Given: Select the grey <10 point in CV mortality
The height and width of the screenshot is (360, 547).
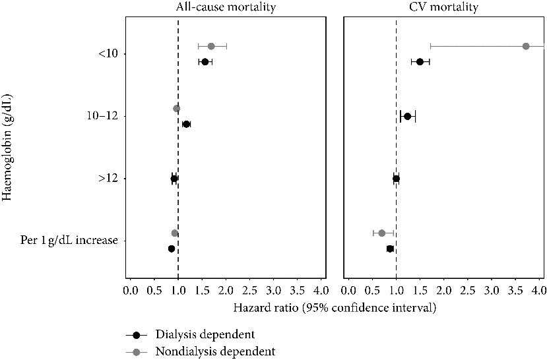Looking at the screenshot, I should point(526,46).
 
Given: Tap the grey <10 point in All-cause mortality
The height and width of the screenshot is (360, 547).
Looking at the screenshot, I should point(211,46).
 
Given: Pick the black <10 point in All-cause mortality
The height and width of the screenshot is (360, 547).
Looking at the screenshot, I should point(205,62).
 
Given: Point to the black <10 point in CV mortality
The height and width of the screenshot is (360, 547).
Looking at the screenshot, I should point(420,62).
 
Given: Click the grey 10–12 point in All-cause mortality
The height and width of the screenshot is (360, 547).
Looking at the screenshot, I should point(176,109).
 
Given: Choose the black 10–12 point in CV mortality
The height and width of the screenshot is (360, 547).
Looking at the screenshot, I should point(407,117).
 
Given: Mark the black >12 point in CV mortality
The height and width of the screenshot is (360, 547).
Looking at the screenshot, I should point(396,179).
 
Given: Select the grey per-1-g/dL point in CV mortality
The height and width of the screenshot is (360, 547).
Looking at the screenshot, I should point(381,233).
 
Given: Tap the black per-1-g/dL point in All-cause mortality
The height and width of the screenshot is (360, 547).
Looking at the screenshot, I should point(172,249).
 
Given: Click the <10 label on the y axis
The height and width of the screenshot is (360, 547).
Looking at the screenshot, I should point(108,53).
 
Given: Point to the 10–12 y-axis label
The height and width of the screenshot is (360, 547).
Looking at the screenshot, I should point(102,116).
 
